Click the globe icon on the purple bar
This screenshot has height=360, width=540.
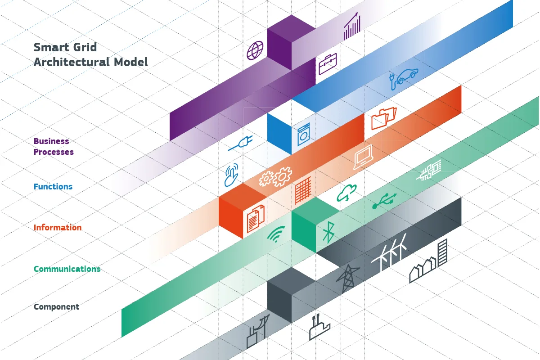click(x=255, y=50)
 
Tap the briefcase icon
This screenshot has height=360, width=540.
click(x=328, y=64)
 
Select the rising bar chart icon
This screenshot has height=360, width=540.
click(x=352, y=27)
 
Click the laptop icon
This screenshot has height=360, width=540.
click(x=363, y=157)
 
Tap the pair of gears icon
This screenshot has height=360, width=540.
click(x=275, y=177)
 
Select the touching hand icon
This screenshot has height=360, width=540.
click(x=231, y=175)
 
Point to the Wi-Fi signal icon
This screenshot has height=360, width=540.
click(x=276, y=234)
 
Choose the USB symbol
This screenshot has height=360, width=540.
click(x=384, y=201)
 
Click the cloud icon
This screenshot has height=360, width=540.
click(x=346, y=193)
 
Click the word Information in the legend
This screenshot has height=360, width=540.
click(x=58, y=228)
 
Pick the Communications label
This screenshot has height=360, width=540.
click(x=67, y=269)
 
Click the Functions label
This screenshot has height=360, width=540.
click(x=53, y=187)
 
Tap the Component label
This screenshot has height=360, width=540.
click(x=56, y=307)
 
